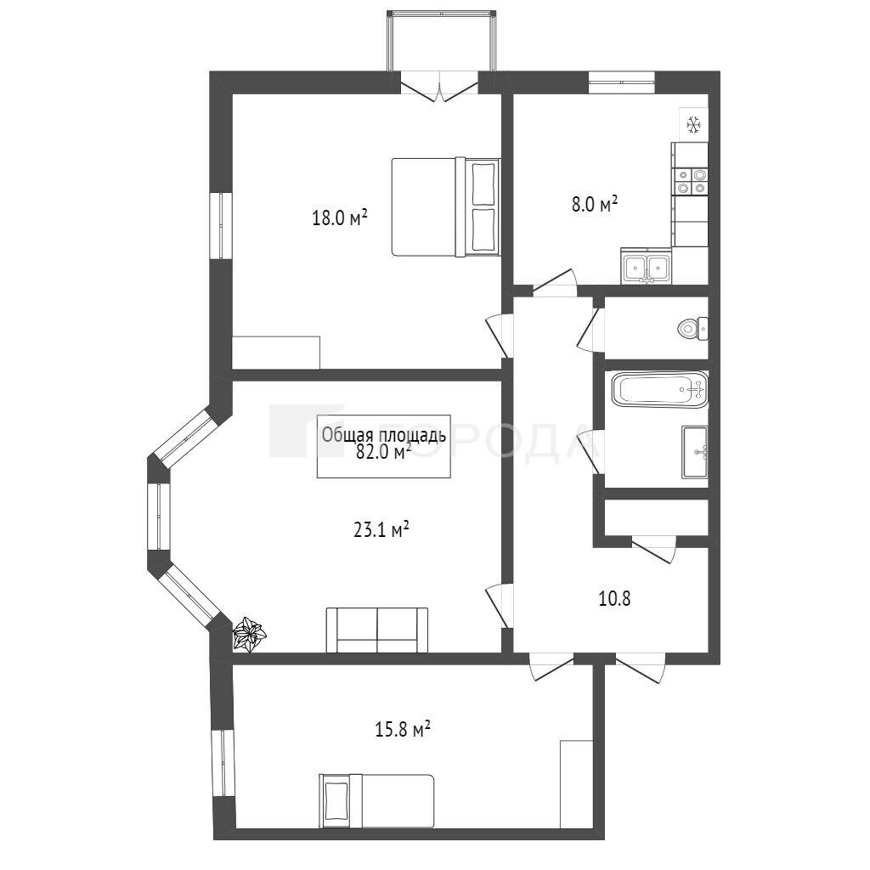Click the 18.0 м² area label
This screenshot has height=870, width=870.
(x=340, y=217)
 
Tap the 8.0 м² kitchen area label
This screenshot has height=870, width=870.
(x=595, y=204)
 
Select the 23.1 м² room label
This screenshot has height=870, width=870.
(x=381, y=530)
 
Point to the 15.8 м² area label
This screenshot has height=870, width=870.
(x=404, y=729)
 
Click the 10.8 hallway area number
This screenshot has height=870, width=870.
(x=615, y=599)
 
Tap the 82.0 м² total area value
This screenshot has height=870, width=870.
(x=383, y=453)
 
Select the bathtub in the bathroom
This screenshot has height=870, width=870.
(x=659, y=390)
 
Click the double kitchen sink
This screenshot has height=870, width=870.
(x=646, y=266)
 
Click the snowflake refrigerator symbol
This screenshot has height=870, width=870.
(x=694, y=125)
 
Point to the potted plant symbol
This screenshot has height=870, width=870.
(x=249, y=633)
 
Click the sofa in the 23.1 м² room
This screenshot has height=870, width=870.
(x=377, y=630)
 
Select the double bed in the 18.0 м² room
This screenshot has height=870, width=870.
(x=446, y=207)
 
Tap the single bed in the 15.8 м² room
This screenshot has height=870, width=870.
(x=376, y=800)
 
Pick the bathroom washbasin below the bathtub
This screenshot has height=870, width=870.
(x=695, y=452)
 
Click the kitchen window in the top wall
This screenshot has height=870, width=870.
(x=621, y=83)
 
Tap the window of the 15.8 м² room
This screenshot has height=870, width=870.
(x=223, y=763)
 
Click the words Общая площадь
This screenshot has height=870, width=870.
(x=383, y=435)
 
